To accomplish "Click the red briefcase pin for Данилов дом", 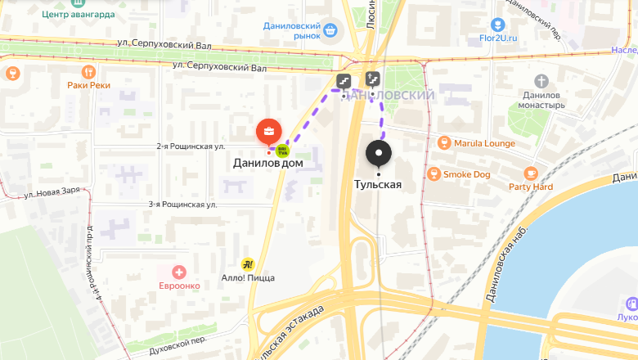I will point(268,131).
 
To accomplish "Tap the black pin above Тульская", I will point(378,153).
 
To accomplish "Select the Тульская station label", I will point(378,184).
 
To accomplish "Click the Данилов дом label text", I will point(268,164).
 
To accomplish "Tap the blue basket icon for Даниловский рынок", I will point(330,31).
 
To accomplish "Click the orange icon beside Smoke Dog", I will point(434,173).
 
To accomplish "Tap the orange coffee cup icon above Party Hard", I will point(531,173).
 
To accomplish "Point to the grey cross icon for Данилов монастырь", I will point(541,81).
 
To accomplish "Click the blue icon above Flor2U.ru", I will point(498,25).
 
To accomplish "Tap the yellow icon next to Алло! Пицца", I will point(248,264).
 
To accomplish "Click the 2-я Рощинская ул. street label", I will point(191,146).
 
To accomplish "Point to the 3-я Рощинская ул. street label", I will point(182,205).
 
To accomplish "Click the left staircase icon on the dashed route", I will point(344,80).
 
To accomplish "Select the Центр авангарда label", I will point(78,15).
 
